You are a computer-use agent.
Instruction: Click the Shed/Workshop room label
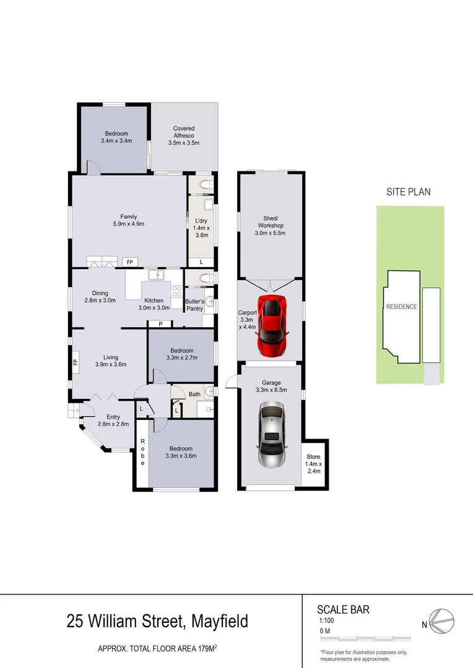tap(271, 221)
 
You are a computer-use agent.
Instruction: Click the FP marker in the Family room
tap(129, 262)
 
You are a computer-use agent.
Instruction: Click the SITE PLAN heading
tap(409, 192)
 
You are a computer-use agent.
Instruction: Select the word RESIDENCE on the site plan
tap(402, 307)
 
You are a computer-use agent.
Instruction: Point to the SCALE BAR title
tap(343, 610)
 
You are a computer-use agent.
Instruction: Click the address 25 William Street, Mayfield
tap(157, 620)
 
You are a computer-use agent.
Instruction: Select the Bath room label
tap(194, 394)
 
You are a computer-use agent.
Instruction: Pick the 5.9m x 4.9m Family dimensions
tap(128, 224)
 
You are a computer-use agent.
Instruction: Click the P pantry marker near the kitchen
tap(160, 323)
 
